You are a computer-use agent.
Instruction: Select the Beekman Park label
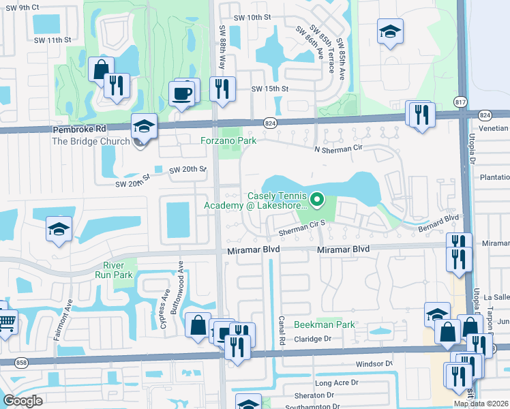pos(324,325)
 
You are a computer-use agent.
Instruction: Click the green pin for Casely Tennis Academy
pos(316,200)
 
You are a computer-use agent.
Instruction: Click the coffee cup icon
pos(182,93)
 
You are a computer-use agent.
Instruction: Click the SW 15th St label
pos(270,89)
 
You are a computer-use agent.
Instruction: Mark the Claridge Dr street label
pos(312,339)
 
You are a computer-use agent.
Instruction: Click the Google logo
pos(23,401)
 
